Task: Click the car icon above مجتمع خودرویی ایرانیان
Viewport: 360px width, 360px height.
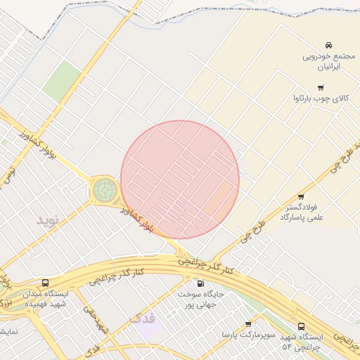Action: click(329, 44)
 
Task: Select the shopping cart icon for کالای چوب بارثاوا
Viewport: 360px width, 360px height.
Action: click(321, 88)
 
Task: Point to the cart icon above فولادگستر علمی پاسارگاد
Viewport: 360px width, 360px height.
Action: click(301, 197)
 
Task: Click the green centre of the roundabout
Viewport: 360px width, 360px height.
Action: click(105, 188)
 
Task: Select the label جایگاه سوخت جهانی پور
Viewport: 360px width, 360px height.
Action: click(200, 300)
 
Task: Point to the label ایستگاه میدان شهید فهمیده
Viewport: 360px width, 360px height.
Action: click(46, 299)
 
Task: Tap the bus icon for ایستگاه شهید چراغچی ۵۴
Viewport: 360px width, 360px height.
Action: click(301, 326)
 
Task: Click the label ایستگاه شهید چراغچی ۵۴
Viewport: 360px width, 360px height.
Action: click(301, 342)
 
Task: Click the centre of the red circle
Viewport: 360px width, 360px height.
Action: click(180, 179)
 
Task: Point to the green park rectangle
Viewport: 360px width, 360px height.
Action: click(62, 81)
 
